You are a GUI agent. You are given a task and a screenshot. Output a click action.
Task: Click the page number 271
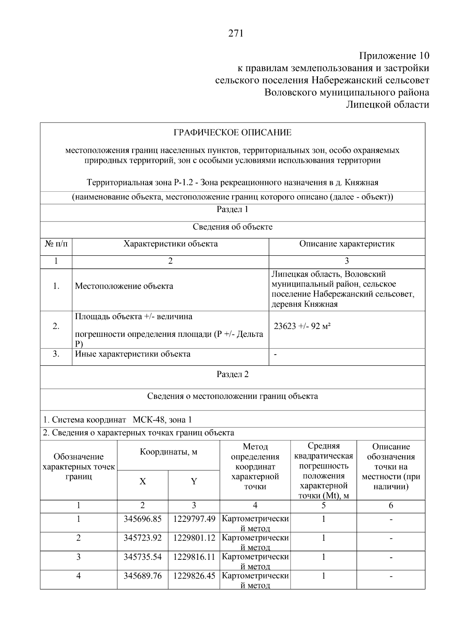(236, 33)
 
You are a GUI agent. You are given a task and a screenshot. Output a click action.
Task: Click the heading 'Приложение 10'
(394, 56)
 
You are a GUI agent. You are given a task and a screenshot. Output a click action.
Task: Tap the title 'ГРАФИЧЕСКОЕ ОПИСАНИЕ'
(232, 133)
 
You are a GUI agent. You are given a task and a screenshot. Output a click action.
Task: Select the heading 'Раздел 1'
(232, 209)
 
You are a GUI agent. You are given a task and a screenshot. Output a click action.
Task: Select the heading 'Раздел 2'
(232, 374)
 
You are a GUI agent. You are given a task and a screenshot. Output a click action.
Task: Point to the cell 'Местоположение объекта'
(124, 286)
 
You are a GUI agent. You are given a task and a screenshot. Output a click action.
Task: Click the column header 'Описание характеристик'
(347, 244)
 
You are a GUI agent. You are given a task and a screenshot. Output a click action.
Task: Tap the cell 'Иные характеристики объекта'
(133, 354)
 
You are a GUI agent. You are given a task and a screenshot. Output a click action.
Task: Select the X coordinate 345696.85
(142, 519)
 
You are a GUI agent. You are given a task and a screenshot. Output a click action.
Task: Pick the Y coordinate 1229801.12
(194, 538)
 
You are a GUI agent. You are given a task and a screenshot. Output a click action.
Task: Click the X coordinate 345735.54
(142, 557)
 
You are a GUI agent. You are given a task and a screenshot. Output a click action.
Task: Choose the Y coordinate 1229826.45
(194, 576)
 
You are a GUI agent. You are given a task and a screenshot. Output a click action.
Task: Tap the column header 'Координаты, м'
(168, 452)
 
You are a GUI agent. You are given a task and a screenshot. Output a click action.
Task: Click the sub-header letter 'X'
(142, 482)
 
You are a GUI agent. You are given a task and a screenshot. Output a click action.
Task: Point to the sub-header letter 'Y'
(194, 482)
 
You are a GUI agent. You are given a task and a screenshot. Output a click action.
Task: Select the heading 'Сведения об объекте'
(232, 227)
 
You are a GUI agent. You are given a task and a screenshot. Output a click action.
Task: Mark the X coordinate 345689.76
(142, 576)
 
